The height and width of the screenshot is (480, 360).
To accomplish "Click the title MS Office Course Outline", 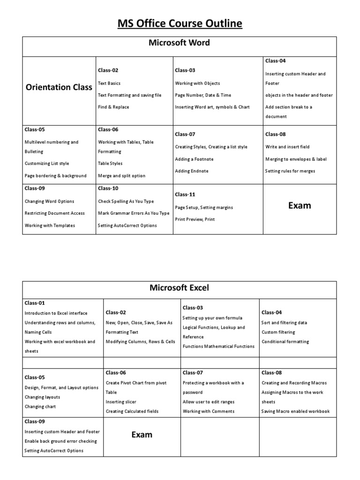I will coord(180,23).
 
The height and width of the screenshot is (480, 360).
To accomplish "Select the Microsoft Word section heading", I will coord(180,43).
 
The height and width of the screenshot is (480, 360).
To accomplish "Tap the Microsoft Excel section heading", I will coord(180,287).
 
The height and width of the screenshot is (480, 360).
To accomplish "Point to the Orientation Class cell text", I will coord(59,87).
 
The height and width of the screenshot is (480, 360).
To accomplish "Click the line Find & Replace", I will coord(113,107).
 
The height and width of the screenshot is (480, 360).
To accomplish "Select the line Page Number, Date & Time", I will coord(203,95).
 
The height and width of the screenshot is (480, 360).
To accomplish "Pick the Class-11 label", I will coord(185,194).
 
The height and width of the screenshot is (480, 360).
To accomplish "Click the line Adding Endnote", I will coord(192,171).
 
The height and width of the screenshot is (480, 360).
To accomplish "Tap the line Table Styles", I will coord(110,164).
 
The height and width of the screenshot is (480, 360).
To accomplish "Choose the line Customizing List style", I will coord(47,164).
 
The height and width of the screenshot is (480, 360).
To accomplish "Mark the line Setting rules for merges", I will coord(290,171).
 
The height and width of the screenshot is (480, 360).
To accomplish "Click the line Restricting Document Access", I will coord(55,213).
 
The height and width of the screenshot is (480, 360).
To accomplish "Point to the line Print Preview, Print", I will coord(195,219).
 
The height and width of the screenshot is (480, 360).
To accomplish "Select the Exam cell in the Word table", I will coord(300,205).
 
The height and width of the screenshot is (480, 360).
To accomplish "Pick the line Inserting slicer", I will coord(121,402).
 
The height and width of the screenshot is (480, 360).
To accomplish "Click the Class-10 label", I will coord(108,188).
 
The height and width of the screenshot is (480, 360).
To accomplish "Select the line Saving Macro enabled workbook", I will coord(295,411).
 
